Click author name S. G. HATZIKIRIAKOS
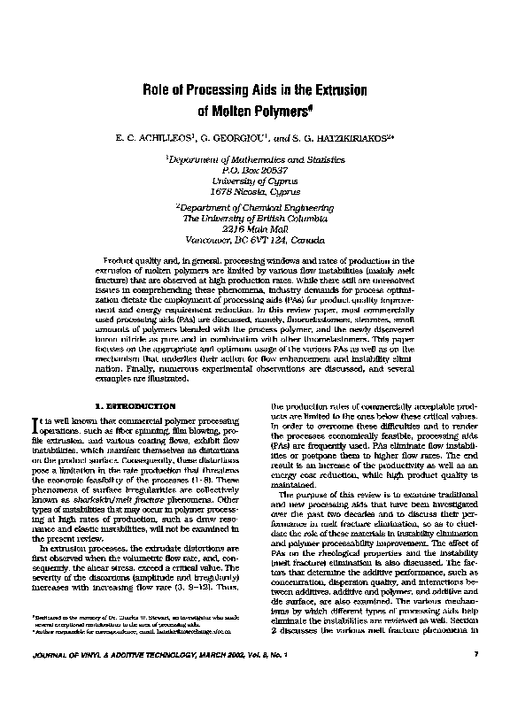pos(345,139)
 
